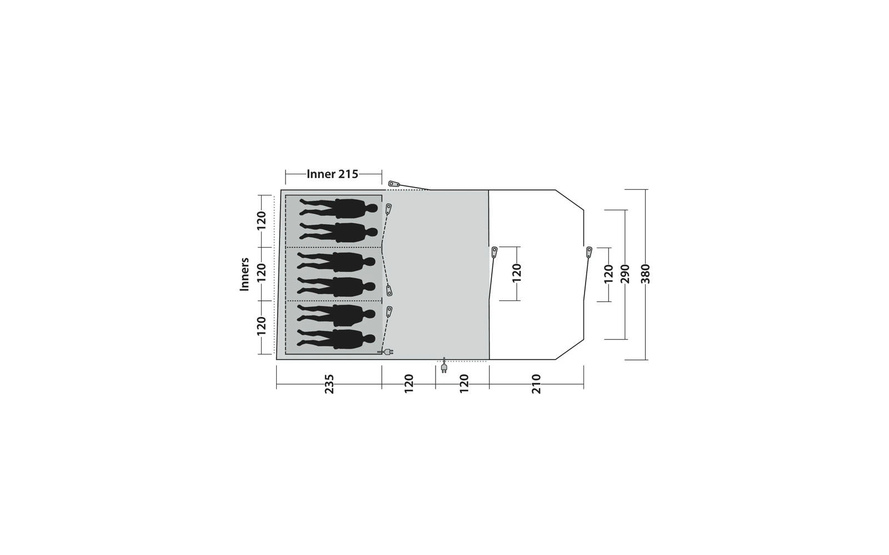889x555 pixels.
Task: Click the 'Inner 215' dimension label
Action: (x=333, y=174)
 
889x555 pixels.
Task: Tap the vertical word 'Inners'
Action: (x=244, y=274)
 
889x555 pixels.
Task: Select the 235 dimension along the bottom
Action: (x=329, y=384)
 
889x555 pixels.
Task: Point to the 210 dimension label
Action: (x=536, y=384)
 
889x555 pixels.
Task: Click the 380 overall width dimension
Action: (x=646, y=274)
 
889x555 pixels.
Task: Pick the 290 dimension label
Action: (x=626, y=274)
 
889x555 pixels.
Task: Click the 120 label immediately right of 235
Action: (x=409, y=384)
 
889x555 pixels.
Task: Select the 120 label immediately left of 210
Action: (x=464, y=384)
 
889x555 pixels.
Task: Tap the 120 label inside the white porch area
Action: (x=516, y=273)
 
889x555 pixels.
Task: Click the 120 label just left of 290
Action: (x=608, y=274)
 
